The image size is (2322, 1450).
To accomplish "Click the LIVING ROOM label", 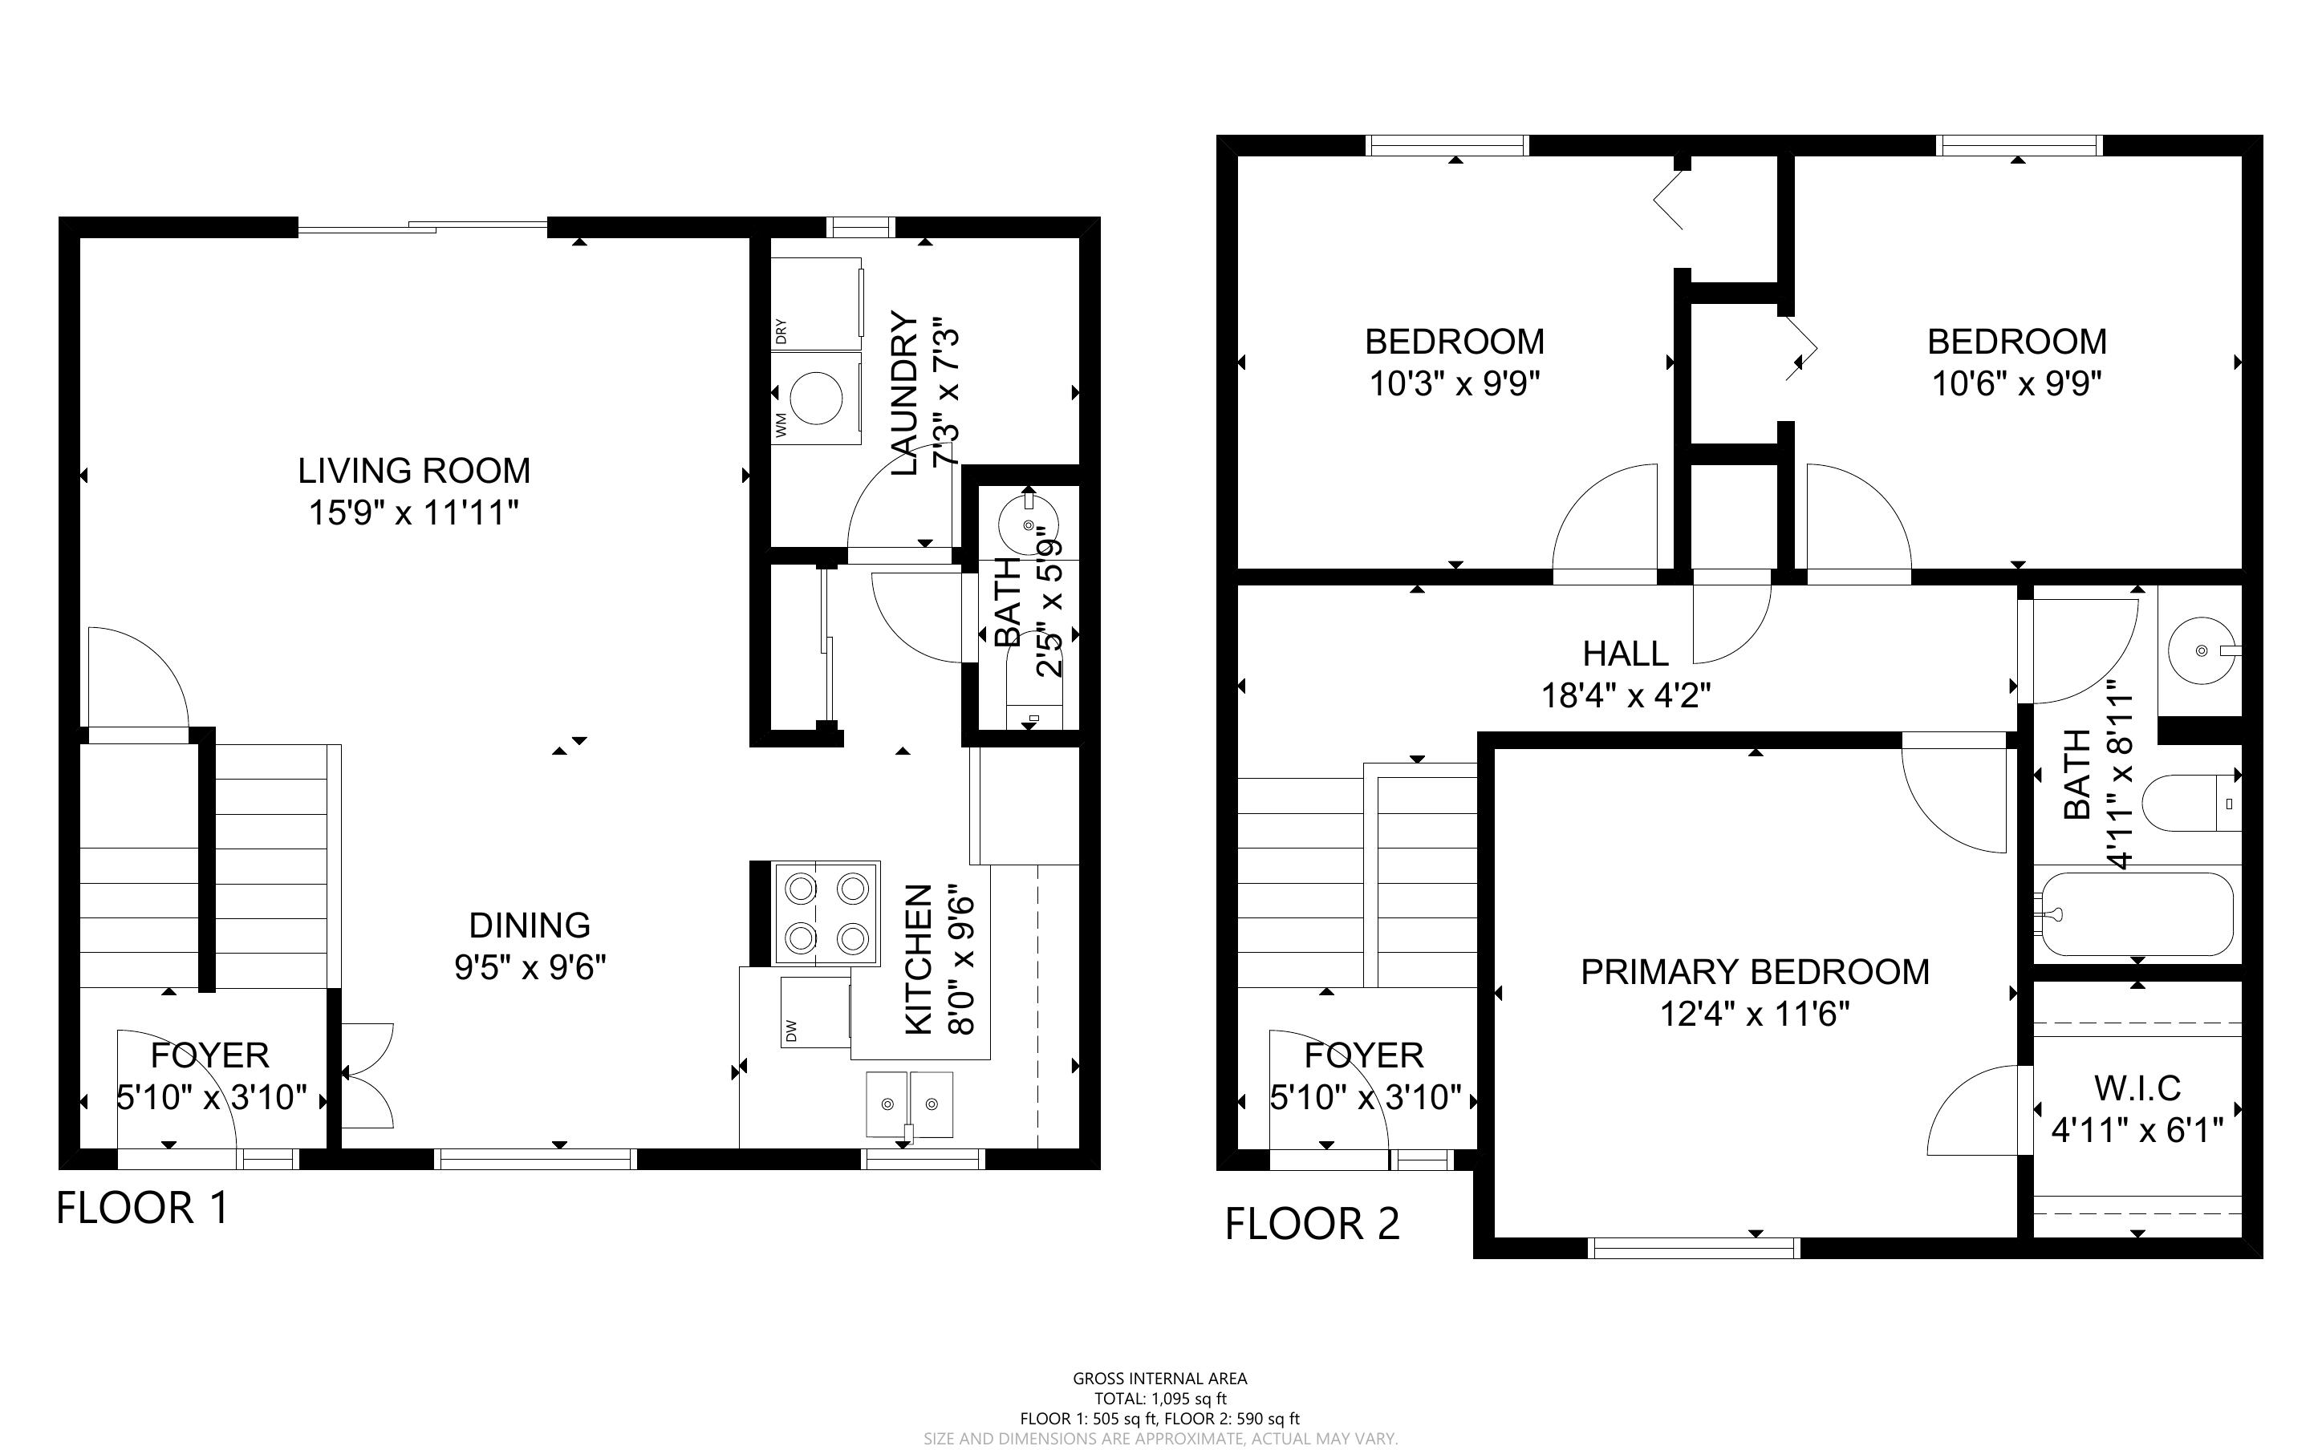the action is coord(413,471).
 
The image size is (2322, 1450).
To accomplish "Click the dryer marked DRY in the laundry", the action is coord(817,303).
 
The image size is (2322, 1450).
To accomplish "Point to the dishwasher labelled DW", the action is coord(816,1012).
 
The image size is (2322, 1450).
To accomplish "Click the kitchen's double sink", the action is coord(909,1104).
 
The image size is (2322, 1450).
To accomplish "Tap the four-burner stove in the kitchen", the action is coord(826,912).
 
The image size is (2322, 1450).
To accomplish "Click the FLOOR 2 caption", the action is coord(1312,1225).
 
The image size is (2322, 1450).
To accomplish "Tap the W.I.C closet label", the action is coord(2137,1088).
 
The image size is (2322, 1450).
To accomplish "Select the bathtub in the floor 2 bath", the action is coord(2136,914).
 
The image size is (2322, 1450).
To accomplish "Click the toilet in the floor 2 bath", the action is coord(2191,803).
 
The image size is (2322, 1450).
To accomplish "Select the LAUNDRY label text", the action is coord(905,393).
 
